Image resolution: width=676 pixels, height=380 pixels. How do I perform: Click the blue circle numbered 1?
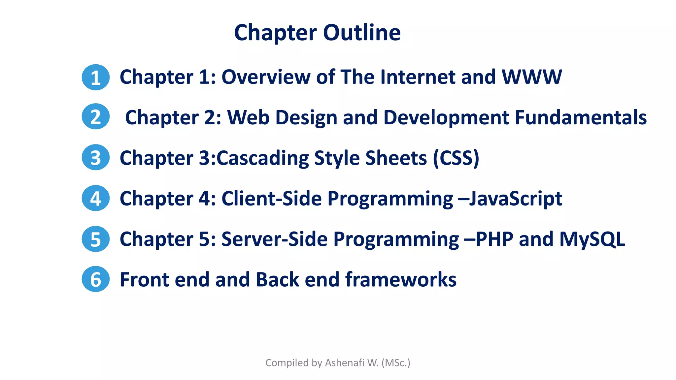coord(96,77)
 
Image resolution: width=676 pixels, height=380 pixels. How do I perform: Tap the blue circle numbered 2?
coord(96,116)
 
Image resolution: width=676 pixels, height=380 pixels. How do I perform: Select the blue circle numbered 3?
coord(96,157)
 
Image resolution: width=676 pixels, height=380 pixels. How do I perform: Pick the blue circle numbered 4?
coord(96,198)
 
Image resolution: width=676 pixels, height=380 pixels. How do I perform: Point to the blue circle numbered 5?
coord(96,239)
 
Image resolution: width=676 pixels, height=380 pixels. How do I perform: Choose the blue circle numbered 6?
coord(96,279)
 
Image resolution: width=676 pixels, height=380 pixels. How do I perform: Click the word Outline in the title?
coord(362,33)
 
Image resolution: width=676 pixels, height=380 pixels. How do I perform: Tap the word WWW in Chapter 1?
coord(531,77)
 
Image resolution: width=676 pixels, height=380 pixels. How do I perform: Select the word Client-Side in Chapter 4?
coord(271,199)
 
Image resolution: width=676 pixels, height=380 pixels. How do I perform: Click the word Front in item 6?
coord(144,280)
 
